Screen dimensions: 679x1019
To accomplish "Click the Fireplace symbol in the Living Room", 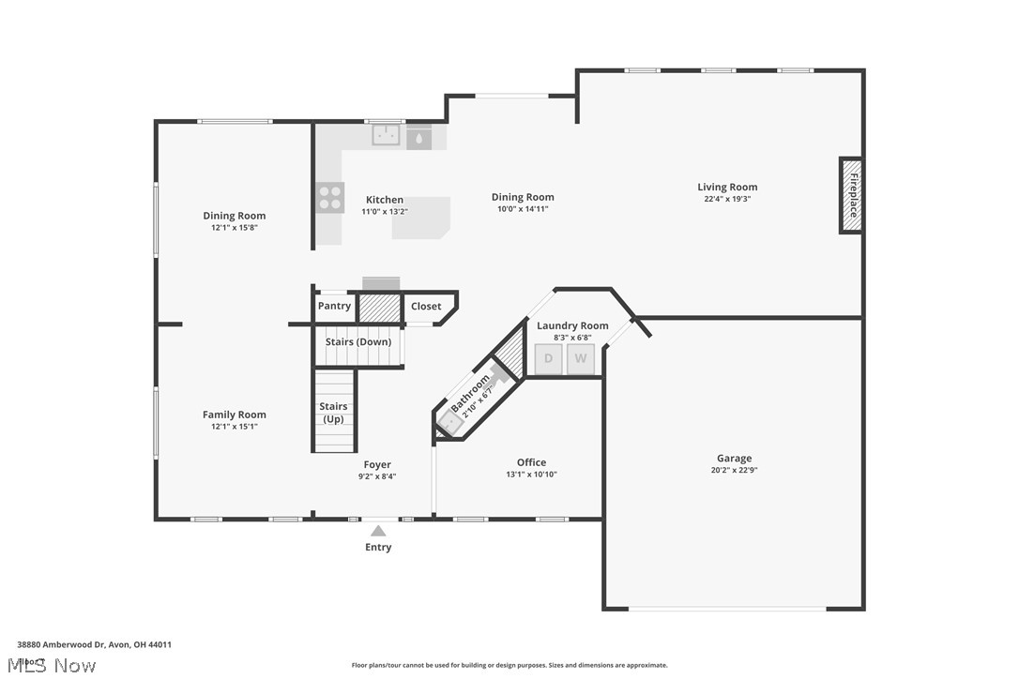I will tap(851, 195).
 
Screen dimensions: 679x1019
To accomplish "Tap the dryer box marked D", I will tap(549, 358).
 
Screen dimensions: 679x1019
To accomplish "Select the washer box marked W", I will tap(581, 358).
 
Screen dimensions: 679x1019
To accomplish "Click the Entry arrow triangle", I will tap(378, 531).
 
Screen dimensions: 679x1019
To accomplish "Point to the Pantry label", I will tap(334, 306).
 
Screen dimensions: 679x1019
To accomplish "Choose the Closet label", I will tap(426, 306).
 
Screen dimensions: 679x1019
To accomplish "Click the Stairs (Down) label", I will tap(358, 341).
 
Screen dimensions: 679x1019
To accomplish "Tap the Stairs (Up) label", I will tap(334, 412).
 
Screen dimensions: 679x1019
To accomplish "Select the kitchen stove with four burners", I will tap(329, 196).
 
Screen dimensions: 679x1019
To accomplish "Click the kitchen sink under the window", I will tap(386, 137).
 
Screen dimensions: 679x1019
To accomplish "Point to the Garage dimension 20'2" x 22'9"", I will tap(734, 471).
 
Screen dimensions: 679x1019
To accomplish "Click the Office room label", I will tap(531, 462).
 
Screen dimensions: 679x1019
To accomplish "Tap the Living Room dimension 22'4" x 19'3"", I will tap(727, 199).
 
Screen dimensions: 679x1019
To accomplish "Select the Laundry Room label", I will tap(572, 325).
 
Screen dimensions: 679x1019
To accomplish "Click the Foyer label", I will tap(377, 464).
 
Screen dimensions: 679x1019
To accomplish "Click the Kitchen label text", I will tap(385, 200).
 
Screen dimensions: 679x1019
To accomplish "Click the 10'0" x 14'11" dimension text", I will tap(523, 209).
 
